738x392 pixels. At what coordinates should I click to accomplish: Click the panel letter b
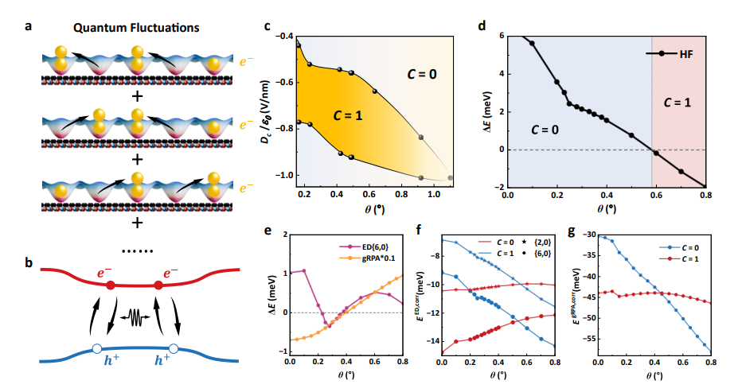[x=28, y=260]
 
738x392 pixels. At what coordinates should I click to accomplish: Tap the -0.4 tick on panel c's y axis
[x=282, y=37]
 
